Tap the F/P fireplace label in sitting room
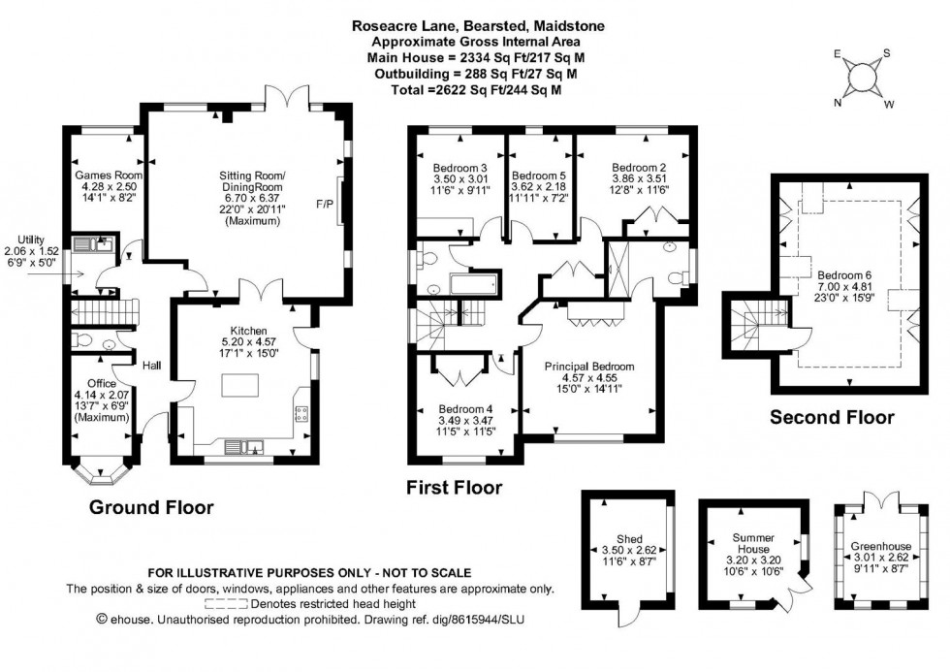tap(324, 205)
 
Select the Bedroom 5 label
tap(539, 175)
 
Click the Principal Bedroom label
tap(588, 367)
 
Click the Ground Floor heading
tap(151, 507)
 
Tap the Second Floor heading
tap(832, 418)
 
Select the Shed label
tap(629, 539)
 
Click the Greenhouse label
tap(878, 546)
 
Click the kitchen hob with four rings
tap(301, 412)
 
